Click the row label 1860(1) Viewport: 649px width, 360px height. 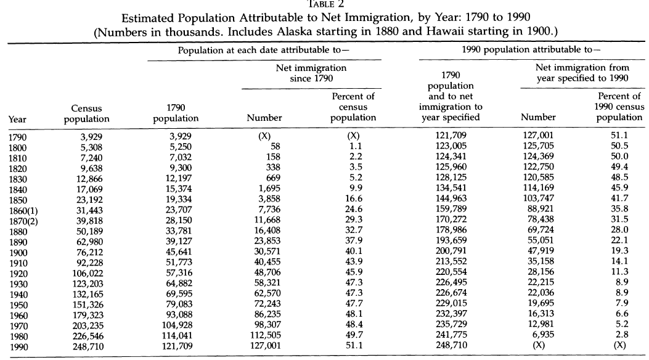coord(23,211)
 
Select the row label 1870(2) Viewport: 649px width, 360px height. coord(23,221)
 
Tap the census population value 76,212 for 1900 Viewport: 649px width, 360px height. coord(88,252)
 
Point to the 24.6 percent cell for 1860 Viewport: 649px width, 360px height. coord(354,210)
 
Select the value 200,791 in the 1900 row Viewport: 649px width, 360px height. coord(451,251)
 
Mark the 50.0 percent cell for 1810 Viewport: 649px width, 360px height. coord(619,157)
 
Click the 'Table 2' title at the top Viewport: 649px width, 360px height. coord(326,4)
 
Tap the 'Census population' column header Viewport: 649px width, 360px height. coord(86,114)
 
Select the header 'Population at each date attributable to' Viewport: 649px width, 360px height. coord(264,51)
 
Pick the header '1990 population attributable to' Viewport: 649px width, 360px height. coord(531,50)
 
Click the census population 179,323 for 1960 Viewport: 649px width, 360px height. coord(88,316)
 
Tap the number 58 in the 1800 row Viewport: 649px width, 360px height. coord(276,147)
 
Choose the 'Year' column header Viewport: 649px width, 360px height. coord(17,120)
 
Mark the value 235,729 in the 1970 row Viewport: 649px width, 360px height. coord(451,324)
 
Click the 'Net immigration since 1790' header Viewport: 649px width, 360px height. coord(311,73)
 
